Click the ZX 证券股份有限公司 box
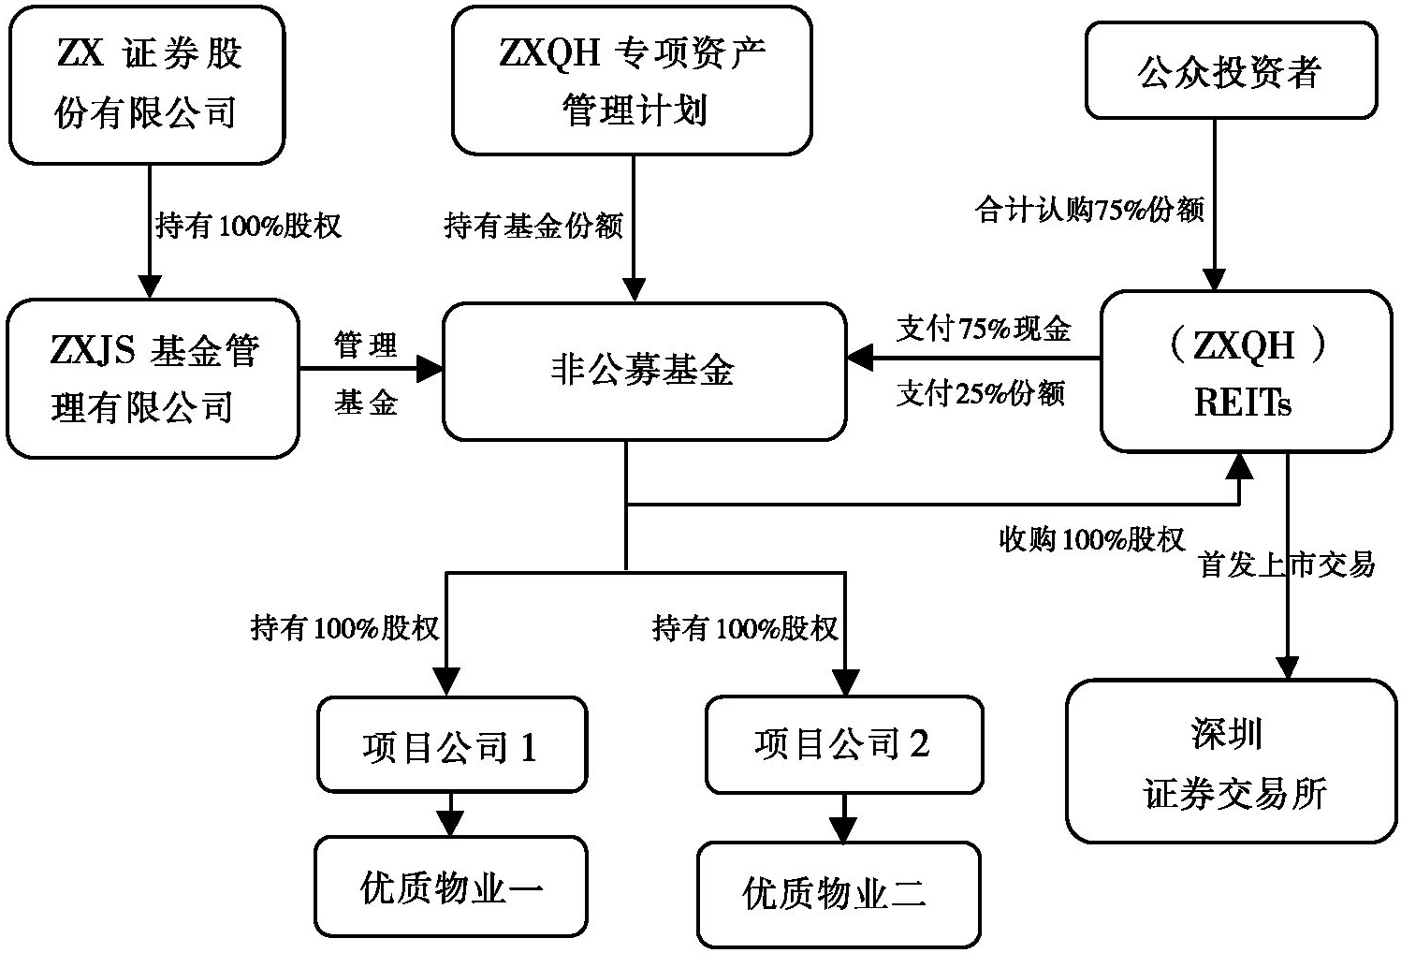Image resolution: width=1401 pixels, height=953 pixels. [x=146, y=84]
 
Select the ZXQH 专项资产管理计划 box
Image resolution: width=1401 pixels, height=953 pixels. [x=632, y=81]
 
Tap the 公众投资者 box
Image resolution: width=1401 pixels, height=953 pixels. [x=1231, y=71]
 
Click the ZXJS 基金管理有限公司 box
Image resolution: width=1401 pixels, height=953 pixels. [x=153, y=378]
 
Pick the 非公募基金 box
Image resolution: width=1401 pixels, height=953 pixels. [x=644, y=372]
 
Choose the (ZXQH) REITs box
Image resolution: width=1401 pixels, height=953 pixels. [x=1246, y=372]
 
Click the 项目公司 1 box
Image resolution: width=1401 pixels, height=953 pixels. [x=451, y=745]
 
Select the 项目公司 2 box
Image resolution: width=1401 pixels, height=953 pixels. [x=843, y=743]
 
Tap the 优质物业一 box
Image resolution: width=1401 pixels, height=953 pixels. [x=450, y=887]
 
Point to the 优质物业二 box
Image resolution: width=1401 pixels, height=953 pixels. [x=839, y=894]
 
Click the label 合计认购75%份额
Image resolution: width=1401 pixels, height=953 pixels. [x=1089, y=210]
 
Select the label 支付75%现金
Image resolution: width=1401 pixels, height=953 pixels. [x=984, y=329]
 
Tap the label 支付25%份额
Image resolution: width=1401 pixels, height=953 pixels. [x=981, y=393]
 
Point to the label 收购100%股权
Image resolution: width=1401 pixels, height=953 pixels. [x=1092, y=539]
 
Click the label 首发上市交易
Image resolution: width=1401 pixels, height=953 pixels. [x=1288, y=564]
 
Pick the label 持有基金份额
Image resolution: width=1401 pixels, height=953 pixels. [x=533, y=226]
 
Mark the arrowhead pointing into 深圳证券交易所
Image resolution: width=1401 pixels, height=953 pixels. [x=1288, y=667]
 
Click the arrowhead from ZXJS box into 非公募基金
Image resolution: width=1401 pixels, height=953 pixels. [x=430, y=369]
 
